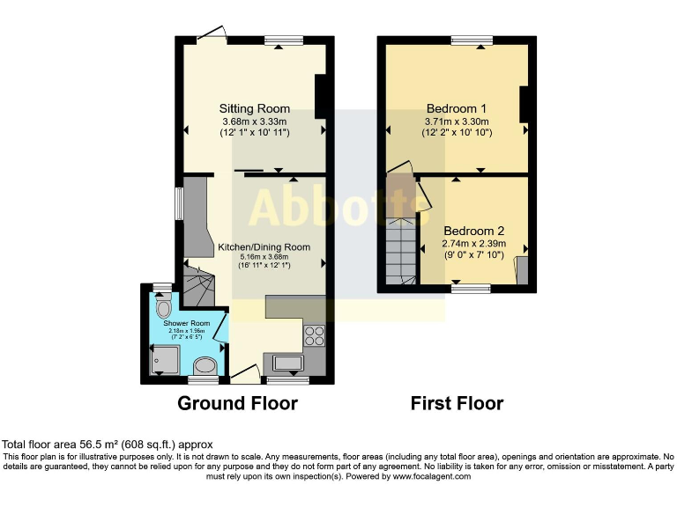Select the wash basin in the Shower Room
pyautogui.click(x=204, y=365)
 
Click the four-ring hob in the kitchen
pyautogui.click(x=314, y=335)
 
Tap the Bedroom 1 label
pyautogui.click(x=457, y=109)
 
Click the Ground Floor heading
pyautogui.click(x=237, y=404)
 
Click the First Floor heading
pyautogui.click(x=457, y=404)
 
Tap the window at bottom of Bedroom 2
pyautogui.click(x=472, y=288)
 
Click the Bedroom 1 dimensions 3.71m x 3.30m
pyautogui.click(x=457, y=121)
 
